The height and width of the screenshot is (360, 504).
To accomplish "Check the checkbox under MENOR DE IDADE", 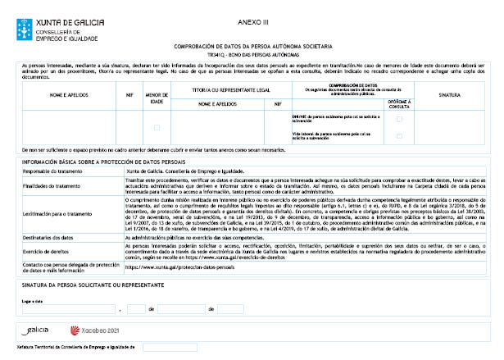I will pyautogui.click(x=157, y=127).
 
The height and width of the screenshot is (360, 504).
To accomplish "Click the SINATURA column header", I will pyautogui.click(x=449, y=96).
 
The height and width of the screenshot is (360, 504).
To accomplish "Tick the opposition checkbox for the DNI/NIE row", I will pyautogui.click(x=399, y=119).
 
